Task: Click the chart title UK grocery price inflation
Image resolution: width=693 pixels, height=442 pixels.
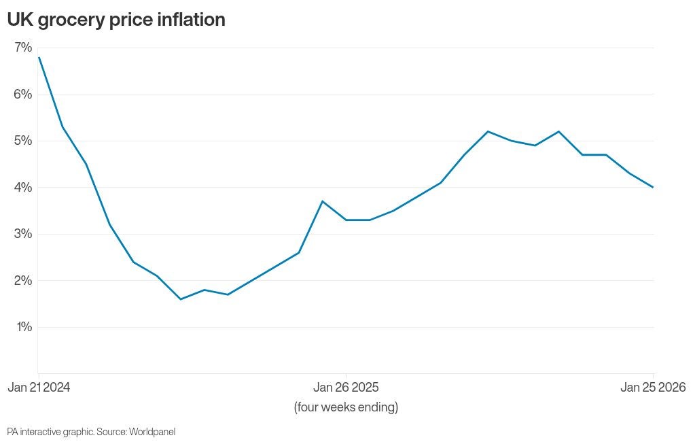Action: point(116,20)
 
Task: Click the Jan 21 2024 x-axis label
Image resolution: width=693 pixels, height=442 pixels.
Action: point(39,388)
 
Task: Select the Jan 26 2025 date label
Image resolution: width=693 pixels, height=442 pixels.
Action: point(346,388)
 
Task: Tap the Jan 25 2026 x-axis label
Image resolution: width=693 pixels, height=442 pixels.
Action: point(653,388)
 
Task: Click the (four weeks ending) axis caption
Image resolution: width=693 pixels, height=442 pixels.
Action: point(346,407)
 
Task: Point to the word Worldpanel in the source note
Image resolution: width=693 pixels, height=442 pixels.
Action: point(152,432)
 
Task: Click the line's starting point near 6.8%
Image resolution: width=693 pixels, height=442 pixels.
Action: point(39,57)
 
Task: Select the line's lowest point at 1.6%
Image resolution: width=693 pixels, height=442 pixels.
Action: point(181,299)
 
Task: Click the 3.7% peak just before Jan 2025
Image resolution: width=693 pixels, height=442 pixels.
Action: point(322,201)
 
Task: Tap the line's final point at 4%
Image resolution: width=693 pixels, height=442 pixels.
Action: point(653,187)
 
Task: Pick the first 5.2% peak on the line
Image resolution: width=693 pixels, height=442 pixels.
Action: point(488,131)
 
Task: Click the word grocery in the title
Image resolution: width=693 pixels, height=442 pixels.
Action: point(73,20)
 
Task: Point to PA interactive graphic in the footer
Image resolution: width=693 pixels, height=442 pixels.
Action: point(50,432)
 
